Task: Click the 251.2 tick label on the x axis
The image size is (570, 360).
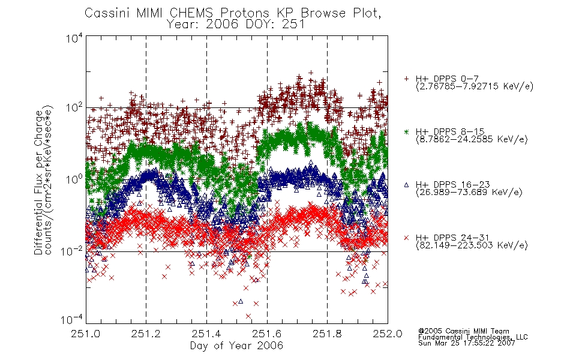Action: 146,334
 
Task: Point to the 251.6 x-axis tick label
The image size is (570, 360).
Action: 266,334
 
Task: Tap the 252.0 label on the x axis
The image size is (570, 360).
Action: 388,334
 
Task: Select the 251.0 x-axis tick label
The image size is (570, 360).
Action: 85,334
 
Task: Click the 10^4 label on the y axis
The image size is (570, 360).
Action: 74,38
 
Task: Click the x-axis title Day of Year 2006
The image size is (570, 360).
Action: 236,346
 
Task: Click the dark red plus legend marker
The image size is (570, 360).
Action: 406,79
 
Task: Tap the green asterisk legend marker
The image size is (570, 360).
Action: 406,131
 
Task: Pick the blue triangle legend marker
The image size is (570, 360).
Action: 406,185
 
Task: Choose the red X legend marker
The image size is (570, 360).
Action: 406,238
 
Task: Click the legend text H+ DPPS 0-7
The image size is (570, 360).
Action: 447,79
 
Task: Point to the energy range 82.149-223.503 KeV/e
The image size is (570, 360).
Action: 472,245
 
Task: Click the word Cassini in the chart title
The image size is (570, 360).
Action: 107,13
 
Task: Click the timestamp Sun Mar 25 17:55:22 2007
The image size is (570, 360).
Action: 466,343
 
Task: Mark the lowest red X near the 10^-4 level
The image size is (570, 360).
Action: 248,316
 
